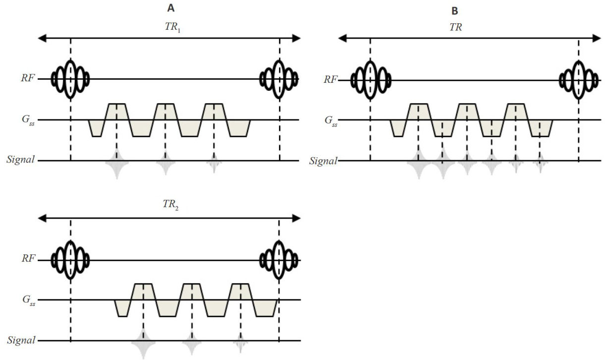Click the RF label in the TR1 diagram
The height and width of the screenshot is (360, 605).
42,78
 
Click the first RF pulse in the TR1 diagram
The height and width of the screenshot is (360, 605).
70,78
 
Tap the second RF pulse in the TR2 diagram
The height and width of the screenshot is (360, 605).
279,259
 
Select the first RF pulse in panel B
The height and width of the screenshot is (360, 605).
370,79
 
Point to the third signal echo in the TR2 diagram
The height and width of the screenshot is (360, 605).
240,341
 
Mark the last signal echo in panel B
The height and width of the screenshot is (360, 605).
540,161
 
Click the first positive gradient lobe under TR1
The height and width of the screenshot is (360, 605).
117,111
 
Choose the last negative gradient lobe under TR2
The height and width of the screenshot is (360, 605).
265,308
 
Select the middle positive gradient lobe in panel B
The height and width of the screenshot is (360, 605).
467,112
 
